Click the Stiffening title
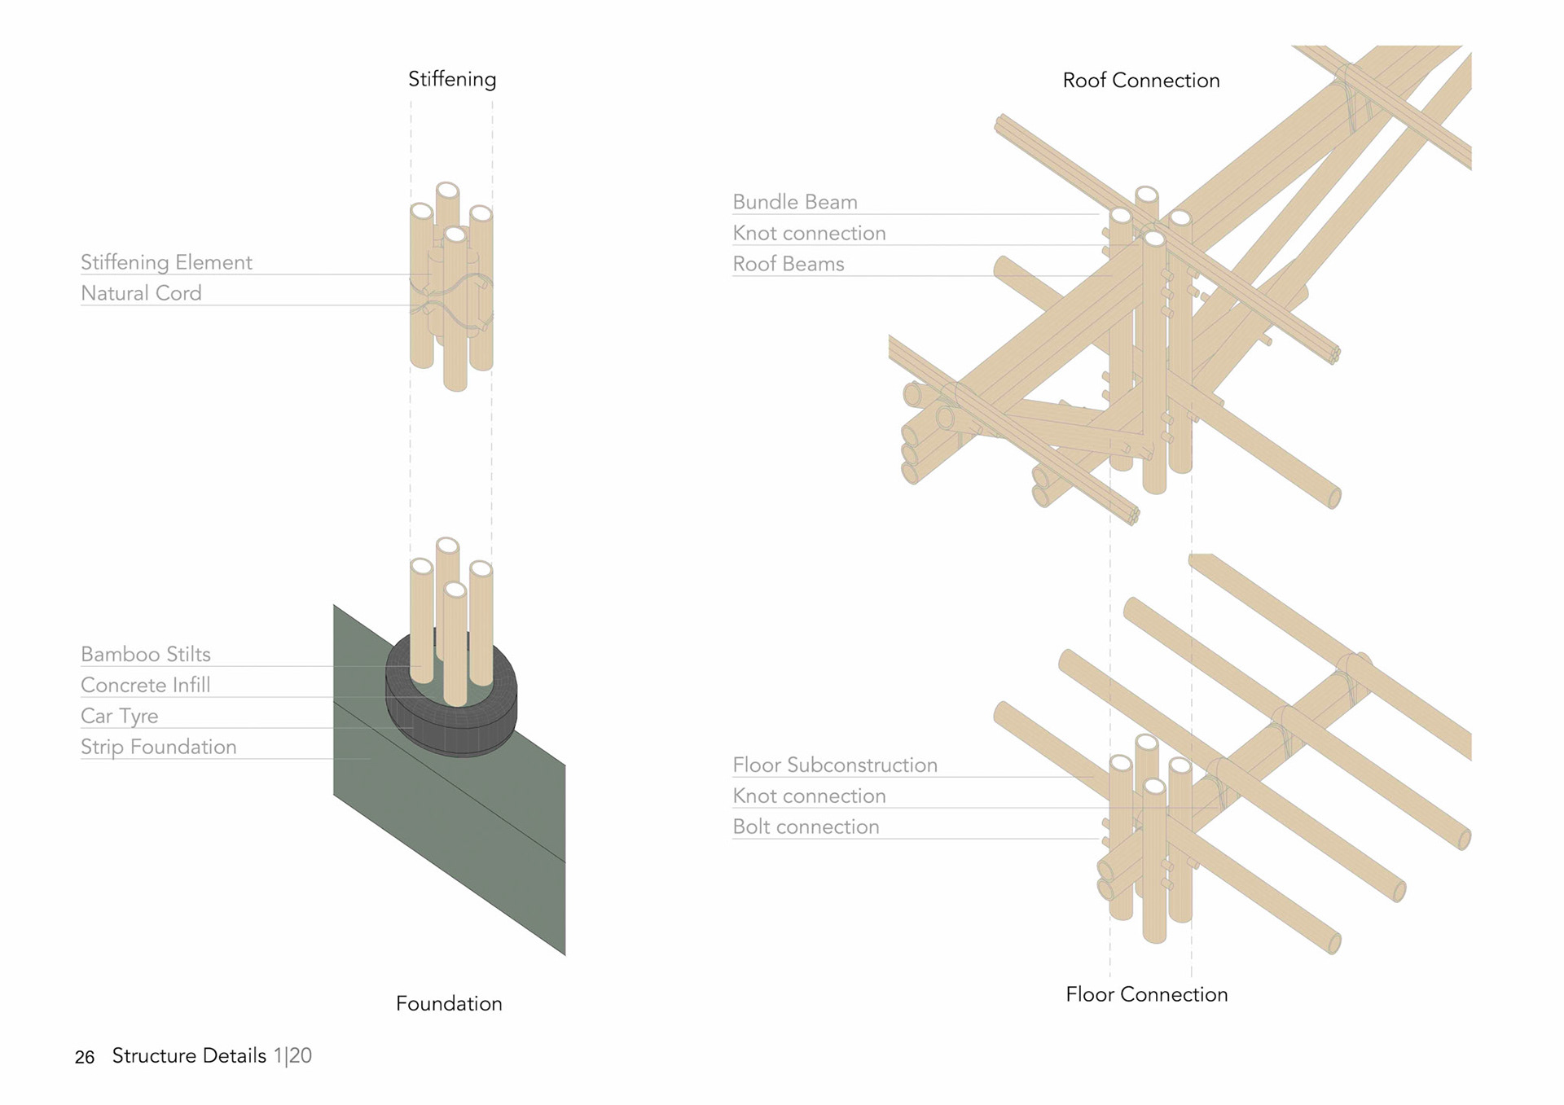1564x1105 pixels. point(452,79)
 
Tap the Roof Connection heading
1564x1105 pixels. point(1141,81)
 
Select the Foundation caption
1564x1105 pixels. point(449,1003)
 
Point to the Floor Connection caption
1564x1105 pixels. point(1146,994)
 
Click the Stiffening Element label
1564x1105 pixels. point(166,262)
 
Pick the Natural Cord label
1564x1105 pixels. point(141,293)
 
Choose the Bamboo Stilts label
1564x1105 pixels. point(146,654)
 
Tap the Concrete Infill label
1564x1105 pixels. point(146,685)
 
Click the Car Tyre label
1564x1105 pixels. point(120,716)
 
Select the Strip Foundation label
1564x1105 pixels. point(159,747)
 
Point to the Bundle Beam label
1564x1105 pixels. point(795,202)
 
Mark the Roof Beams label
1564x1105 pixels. point(789,264)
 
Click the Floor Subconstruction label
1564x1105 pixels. point(835,765)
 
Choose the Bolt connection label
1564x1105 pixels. point(806,827)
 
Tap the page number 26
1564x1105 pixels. point(85,1057)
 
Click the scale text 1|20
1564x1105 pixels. point(292,1055)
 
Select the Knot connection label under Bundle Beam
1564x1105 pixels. point(809,233)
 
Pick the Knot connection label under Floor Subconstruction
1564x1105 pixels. point(809,796)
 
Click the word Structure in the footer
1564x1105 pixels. point(155,1055)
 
